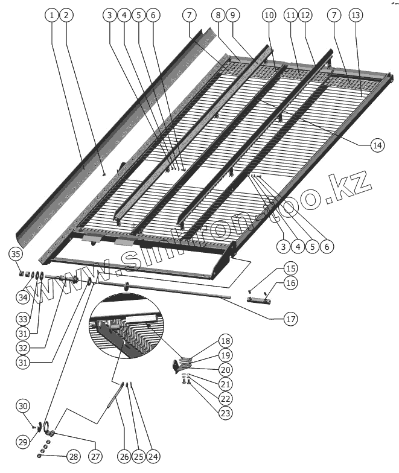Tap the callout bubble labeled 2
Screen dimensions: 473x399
(66, 14)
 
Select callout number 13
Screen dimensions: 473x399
(356, 14)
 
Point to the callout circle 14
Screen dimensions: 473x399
(377, 145)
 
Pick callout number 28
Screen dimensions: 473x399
(73, 457)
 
